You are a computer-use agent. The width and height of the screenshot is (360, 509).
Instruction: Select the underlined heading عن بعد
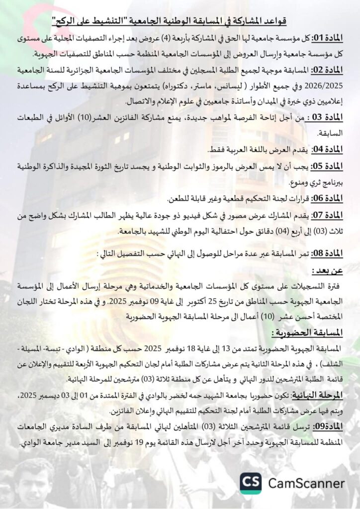pyautogui.click(x=327, y=271)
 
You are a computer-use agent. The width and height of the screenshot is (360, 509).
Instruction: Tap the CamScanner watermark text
pyautogui.click(x=306, y=483)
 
